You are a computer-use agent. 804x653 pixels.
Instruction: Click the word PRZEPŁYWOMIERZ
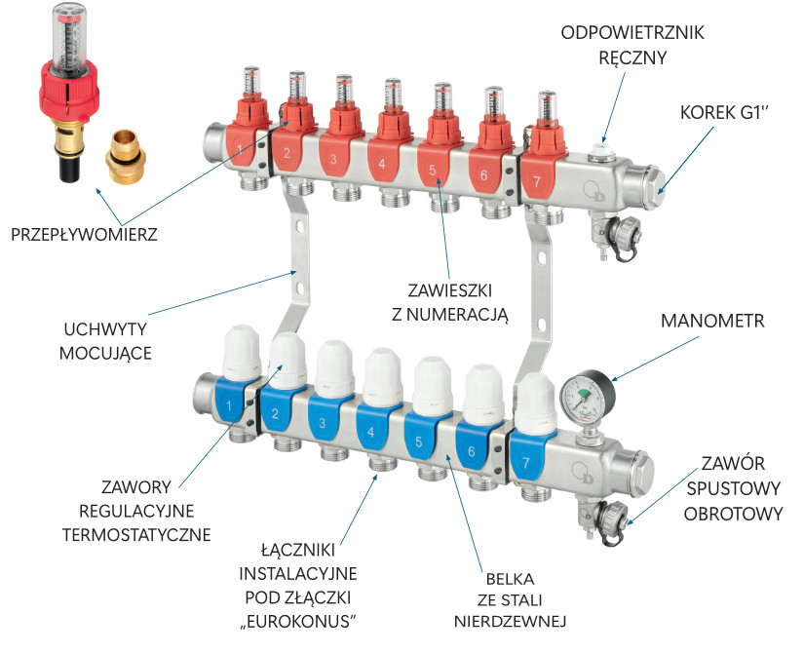tap(84, 235)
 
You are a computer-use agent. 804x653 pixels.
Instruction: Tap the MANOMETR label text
tap(712, 321)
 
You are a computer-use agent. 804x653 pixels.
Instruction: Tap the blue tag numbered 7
tap(526, 457)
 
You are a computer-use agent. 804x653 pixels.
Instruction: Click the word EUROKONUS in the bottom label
tap(298, 622)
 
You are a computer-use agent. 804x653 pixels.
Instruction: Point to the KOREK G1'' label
tap(724, 113)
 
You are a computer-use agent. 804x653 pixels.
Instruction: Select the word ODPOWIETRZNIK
tap(632, 33)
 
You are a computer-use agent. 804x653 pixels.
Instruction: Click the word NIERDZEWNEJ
tap(511, 622)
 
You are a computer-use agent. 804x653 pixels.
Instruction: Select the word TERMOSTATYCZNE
tap(136, 535)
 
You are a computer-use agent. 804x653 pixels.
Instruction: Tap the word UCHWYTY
tap(105, 329)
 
